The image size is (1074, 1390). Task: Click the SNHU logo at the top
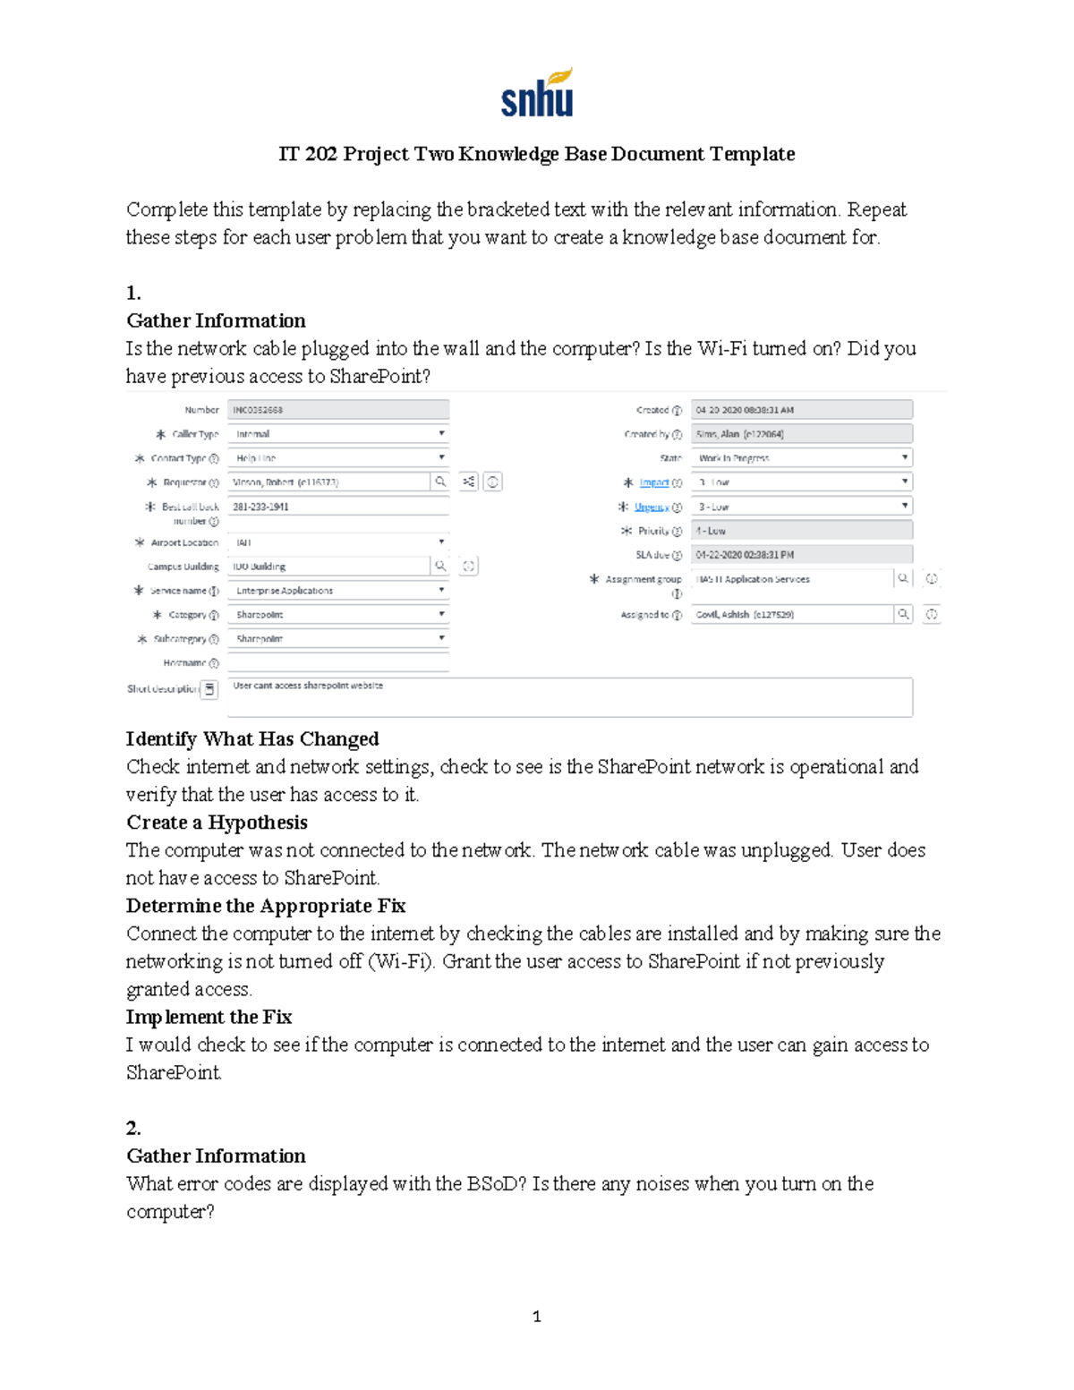[536, 93]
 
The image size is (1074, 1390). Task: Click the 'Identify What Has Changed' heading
[252, 738]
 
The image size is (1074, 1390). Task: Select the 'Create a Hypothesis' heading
[217, 822]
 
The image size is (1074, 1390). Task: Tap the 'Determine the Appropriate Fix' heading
[266, 905]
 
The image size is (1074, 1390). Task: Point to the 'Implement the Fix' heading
[209, 1016]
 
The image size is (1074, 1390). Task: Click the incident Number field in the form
[337, 410]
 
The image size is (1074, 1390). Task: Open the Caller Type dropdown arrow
[441, 433]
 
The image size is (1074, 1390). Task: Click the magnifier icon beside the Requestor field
[440, 482]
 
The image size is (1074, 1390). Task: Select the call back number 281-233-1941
[261, 507]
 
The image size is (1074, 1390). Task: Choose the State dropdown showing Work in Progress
[801, 457]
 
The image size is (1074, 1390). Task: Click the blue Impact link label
[653, 482]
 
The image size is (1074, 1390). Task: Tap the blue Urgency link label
[652, 507]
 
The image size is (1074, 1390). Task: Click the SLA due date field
[801, 555]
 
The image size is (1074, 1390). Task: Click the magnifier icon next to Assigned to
[903, 614]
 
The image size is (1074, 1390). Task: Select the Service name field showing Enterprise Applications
[337, 591]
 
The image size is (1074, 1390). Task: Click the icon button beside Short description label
[209, 688]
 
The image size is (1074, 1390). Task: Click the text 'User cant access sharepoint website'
[308, 686]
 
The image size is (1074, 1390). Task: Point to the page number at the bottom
[536, 1316]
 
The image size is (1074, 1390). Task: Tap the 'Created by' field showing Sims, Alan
[801, 434]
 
